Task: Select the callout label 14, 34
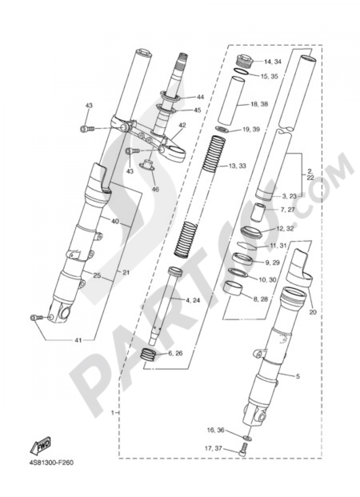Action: click(273, 62)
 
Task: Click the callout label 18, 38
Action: click(259, 104)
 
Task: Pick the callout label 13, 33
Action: click(237, 166)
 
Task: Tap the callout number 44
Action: click(201, 97)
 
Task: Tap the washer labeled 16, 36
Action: click(247, 438)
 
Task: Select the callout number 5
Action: click(297, 377)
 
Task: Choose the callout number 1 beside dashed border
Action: click(113, 412)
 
